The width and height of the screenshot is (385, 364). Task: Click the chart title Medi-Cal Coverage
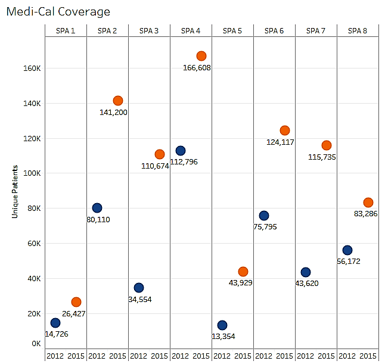[x=58, y=11]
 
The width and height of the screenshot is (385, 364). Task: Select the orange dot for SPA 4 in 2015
[x=201, y=56]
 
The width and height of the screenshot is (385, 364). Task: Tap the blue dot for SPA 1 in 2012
[x=55, y=323]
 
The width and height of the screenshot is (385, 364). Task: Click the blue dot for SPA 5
[x=222, y=325]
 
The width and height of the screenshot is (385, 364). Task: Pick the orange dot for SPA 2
[x=118, y=101]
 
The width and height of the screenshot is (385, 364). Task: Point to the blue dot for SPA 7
[x=306, y=272]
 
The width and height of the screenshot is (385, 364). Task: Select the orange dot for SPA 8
[x=368, y=203]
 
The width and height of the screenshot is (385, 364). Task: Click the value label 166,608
[x=197, y=67]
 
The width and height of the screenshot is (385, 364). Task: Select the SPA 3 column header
[x=148, y=30]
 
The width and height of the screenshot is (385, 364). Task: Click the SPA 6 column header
[x=274, y=30]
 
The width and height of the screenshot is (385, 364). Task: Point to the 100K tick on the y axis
[x=32, y=173]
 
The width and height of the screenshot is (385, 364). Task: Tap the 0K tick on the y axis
[x=35, y=344]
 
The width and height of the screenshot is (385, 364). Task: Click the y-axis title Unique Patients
[x=15, y=191]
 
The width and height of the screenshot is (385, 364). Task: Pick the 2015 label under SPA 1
[x=76, y=356]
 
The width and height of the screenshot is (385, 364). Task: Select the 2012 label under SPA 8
[x=347, y=356]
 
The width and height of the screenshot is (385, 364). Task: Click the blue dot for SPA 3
[x=139, y=288]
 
